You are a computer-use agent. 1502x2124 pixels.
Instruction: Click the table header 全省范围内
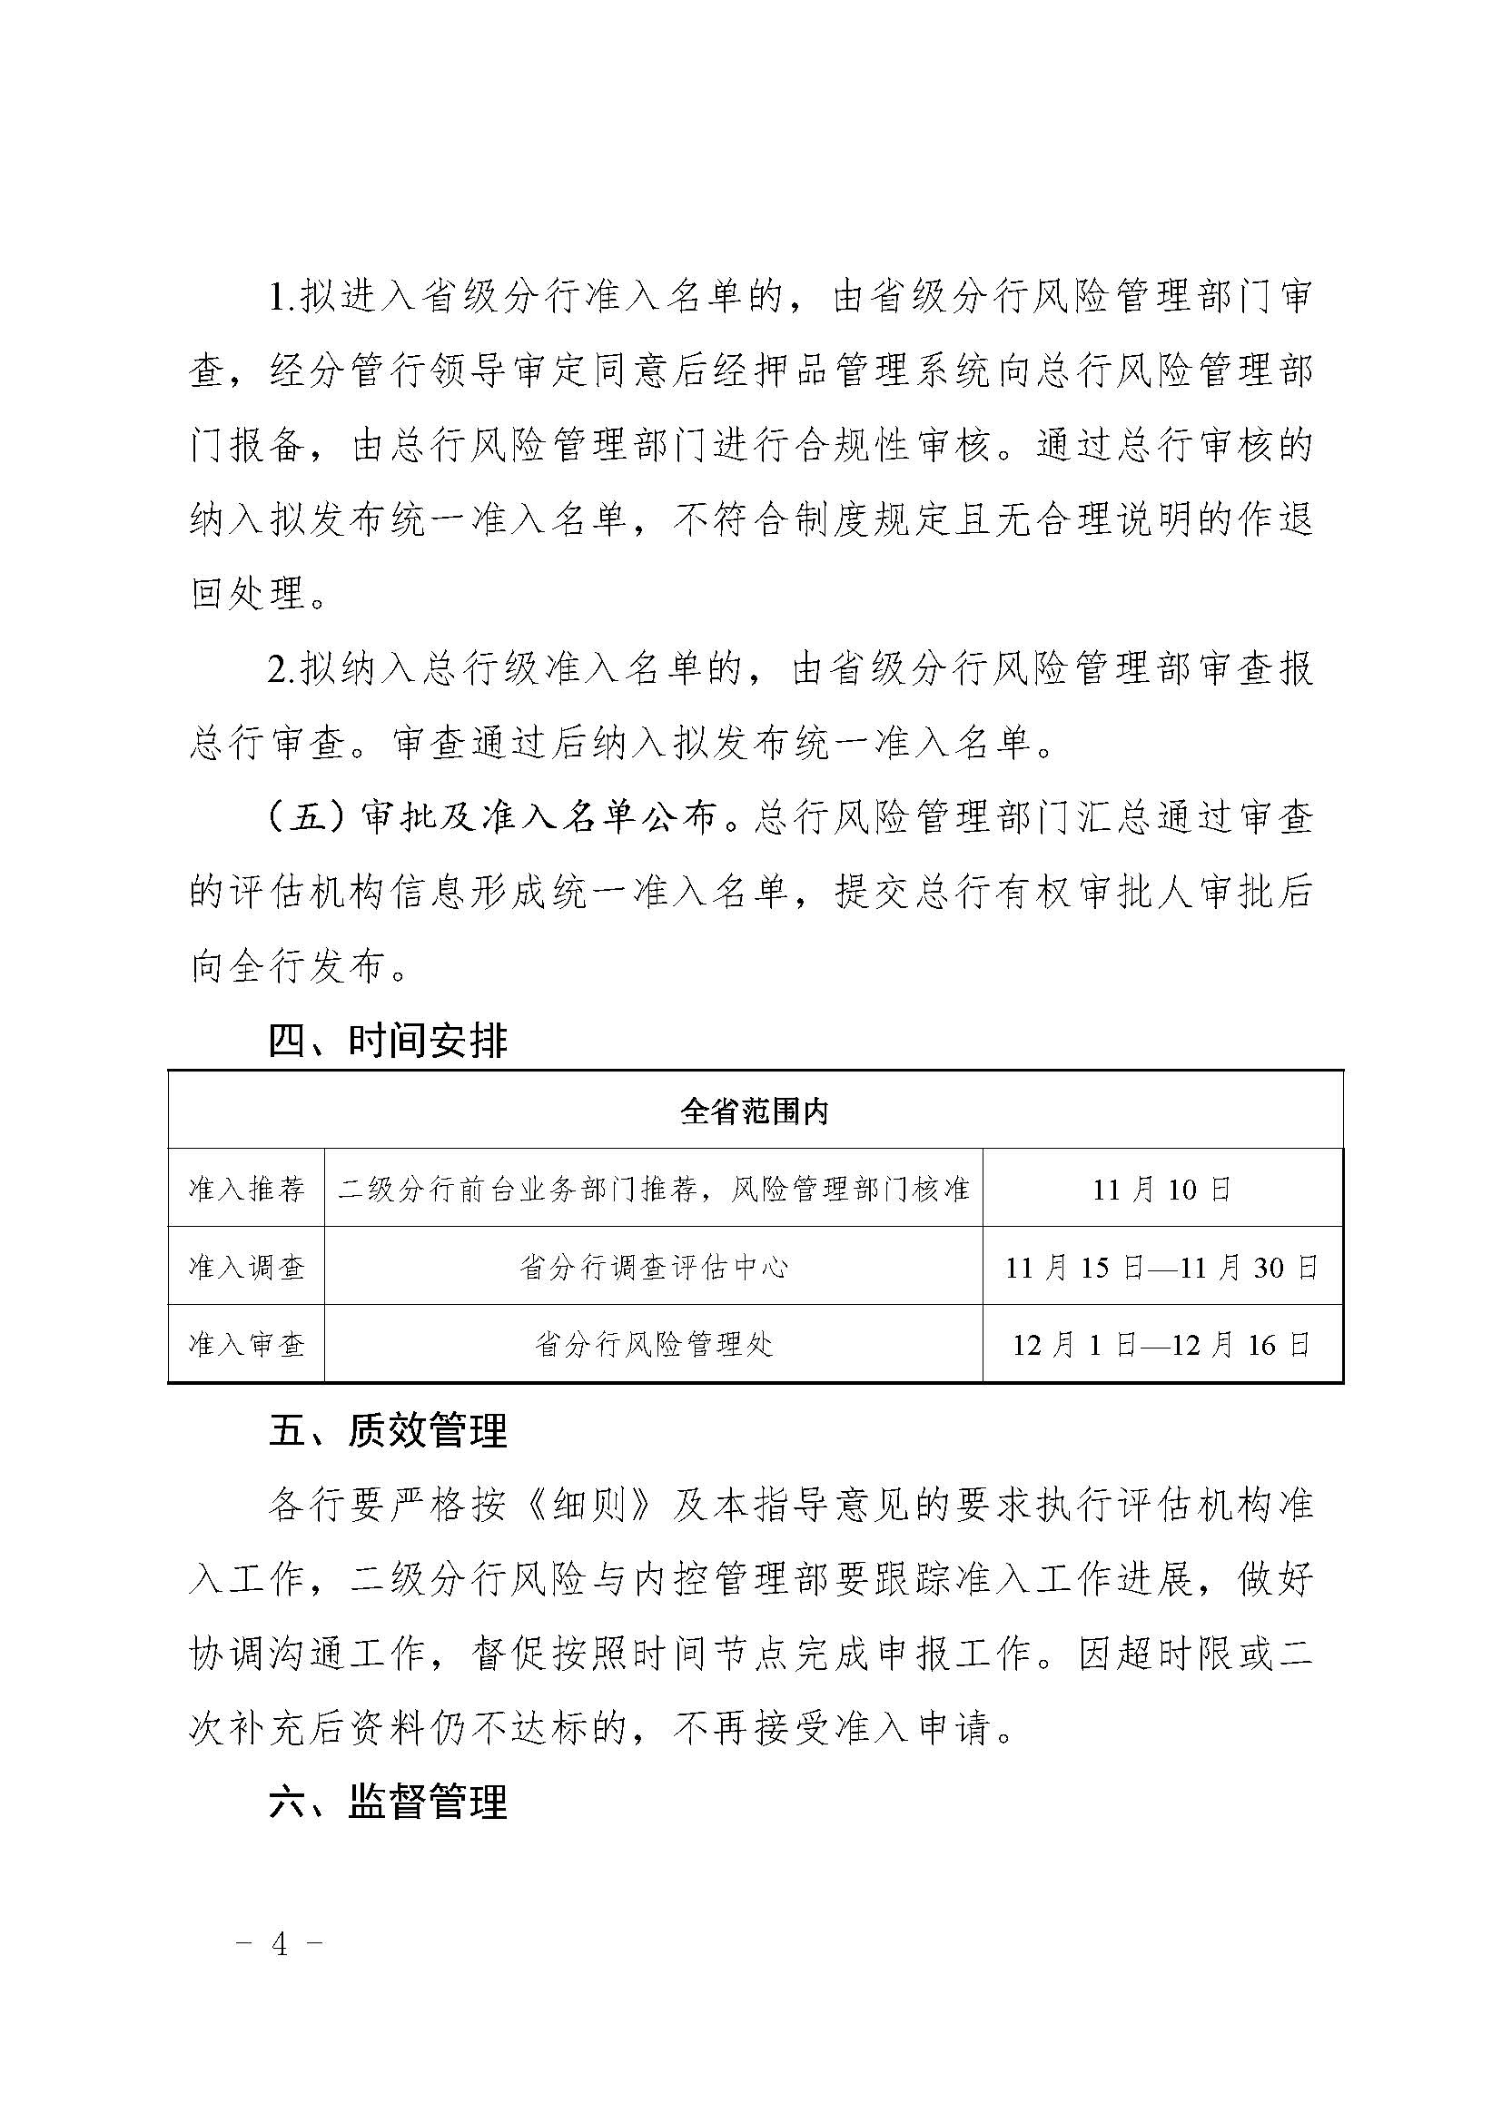[754, 1111]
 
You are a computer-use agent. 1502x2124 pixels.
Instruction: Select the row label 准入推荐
[246, 1189]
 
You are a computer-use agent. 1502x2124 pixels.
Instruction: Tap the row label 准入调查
[246, 1267]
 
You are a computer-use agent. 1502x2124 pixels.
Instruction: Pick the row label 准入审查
[246, 1344]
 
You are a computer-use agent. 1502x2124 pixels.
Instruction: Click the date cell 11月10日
[1161, 1189]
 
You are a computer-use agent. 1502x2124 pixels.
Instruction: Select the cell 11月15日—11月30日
[1161, 1267]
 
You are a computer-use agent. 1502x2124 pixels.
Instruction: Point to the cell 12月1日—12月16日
[1161, 1344]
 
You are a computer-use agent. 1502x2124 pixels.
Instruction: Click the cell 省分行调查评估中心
[653, 1267]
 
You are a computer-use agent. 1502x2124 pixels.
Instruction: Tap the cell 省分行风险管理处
[653, 1344]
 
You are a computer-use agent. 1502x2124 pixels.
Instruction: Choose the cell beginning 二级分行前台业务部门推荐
[653, 1189]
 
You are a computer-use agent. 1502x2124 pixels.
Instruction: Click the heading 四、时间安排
[389, 1041]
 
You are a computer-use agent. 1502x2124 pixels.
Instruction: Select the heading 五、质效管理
[389, 1431]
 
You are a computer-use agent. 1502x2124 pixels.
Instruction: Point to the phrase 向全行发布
[287, 968]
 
